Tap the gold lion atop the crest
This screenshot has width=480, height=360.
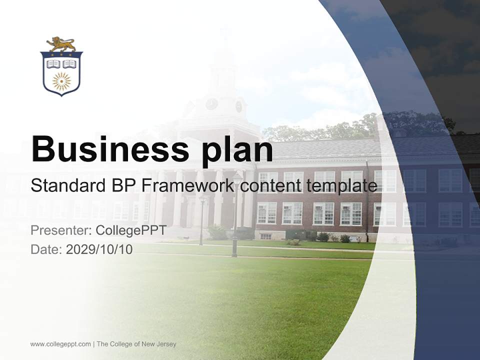click(61, 44)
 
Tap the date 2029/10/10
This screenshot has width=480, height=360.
click(99, 249)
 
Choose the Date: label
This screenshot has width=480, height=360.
click(46, 249)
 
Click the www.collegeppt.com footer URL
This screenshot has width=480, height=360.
click(60, 344)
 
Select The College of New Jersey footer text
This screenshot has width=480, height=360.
click(136, 344)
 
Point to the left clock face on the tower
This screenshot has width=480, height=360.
click(211, 104)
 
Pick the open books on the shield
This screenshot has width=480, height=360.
click(61, 64)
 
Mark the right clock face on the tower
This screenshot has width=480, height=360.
click(238, 106)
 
